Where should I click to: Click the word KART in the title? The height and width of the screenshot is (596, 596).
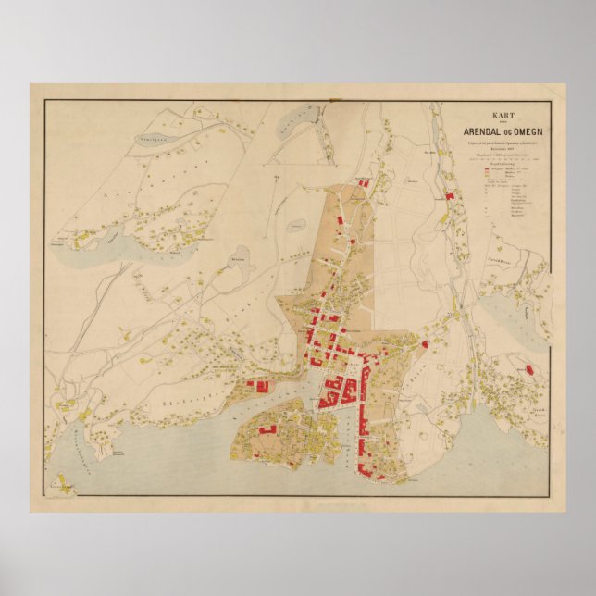point(503,108)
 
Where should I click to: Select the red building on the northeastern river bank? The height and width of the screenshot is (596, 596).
point(451,196)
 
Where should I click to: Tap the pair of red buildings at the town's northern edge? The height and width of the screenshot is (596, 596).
point(363,185)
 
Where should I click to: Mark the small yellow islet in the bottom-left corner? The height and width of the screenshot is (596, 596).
point(65,483)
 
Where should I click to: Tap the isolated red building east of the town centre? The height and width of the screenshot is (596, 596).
point(425,344)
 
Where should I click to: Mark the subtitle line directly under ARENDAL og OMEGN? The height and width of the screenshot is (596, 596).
point(503,139)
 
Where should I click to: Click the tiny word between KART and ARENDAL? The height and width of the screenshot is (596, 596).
point(503,118)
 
